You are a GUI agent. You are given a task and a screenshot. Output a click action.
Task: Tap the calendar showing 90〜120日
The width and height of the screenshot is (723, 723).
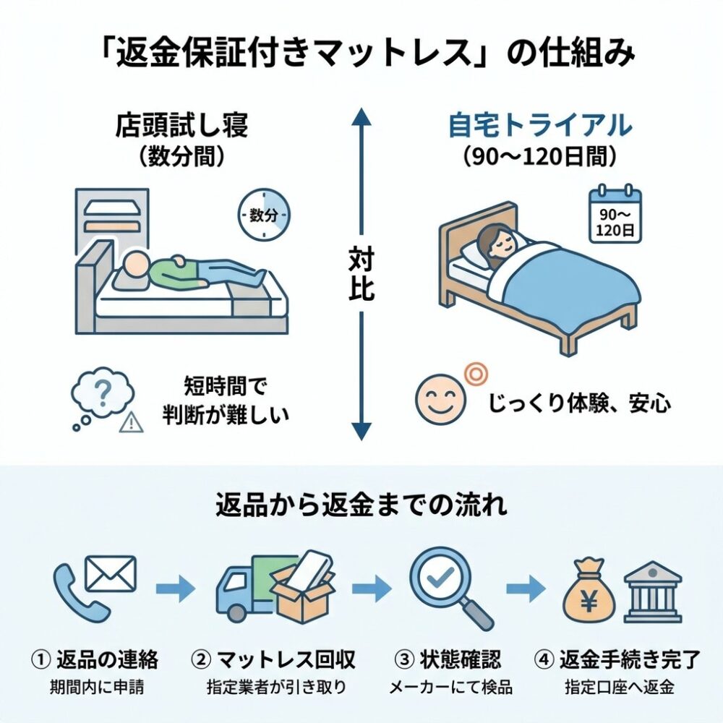pyautogui.click(x=615, y=215)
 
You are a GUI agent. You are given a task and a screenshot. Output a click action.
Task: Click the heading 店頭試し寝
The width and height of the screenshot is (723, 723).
pyautogui.click(x=181, y=125)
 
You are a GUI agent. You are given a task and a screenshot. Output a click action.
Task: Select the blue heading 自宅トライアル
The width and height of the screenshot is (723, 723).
pyautogui.click(x=541, y=125)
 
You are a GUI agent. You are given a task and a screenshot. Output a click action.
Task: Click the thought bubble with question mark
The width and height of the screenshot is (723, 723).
pyautogui.click(x=101, y=394)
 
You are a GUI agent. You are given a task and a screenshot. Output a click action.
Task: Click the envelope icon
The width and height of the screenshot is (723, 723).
pyautogui.click(x=110, y=573)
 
